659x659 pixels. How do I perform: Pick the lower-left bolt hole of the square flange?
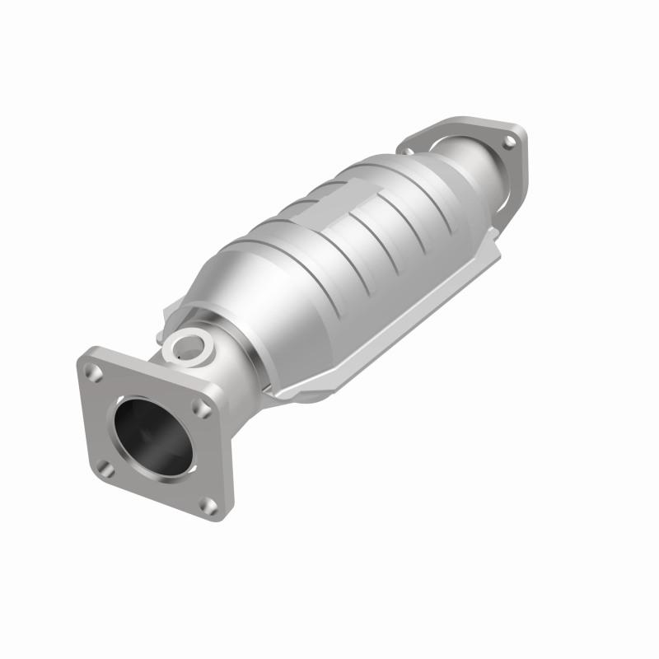point(108,467)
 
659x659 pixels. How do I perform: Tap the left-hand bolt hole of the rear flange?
point(407,150)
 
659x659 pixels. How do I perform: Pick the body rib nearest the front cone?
point(272,272)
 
